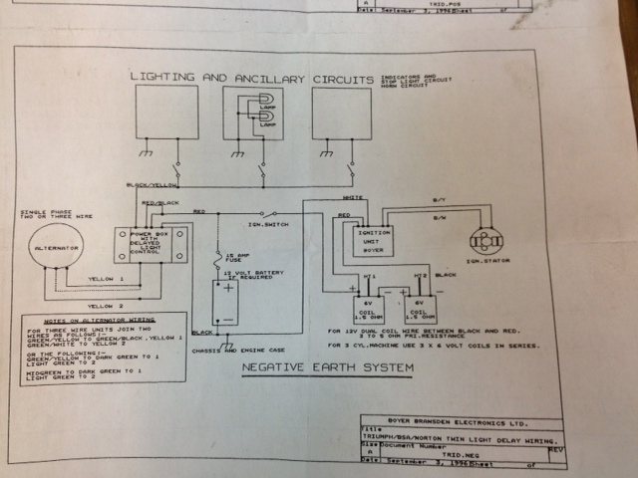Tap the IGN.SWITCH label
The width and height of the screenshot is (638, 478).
266,224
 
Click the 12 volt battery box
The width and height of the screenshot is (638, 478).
231,300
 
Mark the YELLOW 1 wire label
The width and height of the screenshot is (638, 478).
108,280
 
